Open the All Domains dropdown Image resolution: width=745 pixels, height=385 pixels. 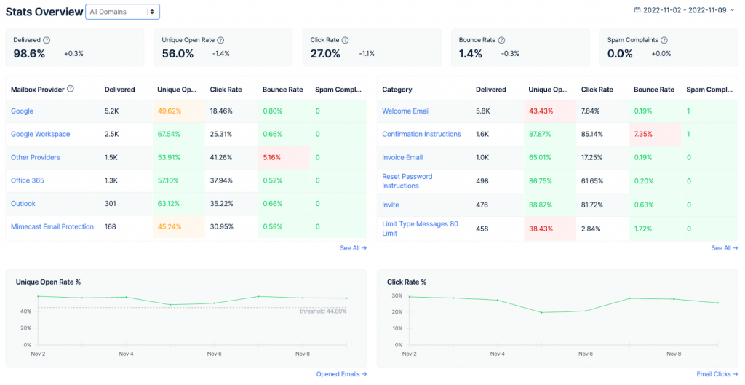click(122, 12)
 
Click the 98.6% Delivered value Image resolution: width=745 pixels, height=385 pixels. click(29, 53)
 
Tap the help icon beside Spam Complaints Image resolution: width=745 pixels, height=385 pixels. click(664, 41)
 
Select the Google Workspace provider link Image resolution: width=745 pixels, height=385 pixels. click(40, 134)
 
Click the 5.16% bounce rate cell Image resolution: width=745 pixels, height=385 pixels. click(272, 157)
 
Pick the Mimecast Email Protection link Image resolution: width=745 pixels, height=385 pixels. click(52, 226)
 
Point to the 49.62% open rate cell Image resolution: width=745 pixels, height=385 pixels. click(169, 111)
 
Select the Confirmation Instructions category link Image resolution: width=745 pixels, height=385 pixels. click(421, 134)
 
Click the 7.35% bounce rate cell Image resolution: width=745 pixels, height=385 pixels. click(643, 134)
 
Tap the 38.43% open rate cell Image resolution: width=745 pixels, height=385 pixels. click(540, 228)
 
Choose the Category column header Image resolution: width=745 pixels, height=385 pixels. click(397, 90)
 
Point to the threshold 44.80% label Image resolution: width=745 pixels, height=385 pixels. click(323, 311)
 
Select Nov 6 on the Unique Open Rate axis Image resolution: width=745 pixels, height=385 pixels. click(214, 354)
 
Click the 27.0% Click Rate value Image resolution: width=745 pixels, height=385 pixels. click(325, 53)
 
